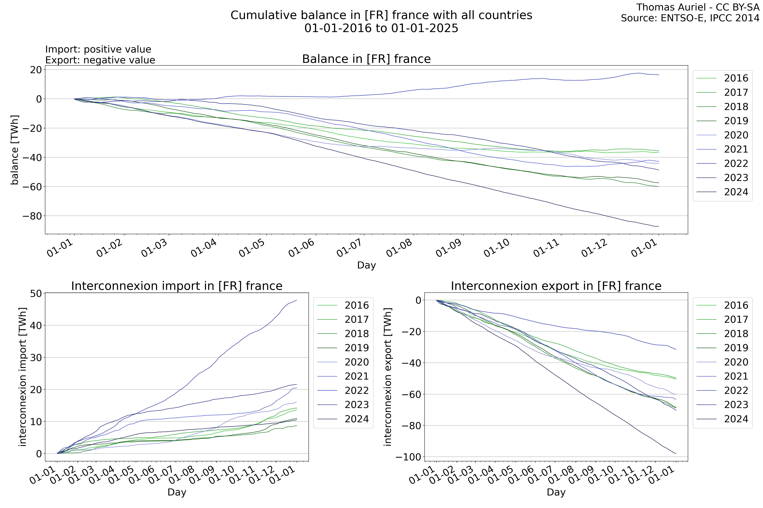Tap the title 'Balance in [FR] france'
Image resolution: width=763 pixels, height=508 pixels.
[366, 59]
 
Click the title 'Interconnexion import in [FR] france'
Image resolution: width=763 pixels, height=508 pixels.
[177, 286]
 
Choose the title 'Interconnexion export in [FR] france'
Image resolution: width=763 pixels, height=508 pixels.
[556, 286]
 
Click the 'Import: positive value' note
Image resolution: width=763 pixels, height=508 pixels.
[98, 49]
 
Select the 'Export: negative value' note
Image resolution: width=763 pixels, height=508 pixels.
[100, 60]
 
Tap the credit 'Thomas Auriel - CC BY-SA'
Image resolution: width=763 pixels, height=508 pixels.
[698, 7]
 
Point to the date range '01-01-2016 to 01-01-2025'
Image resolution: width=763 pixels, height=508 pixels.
[381, 28]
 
